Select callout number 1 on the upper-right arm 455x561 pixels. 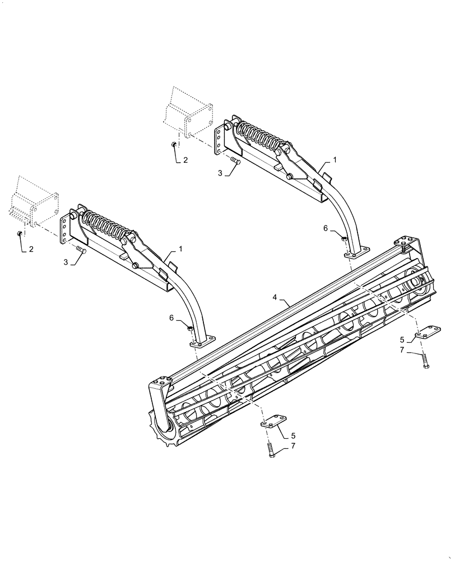(x=335, y=160)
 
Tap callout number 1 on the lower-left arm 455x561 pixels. (x=180, y=247)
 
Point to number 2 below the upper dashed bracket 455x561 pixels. (x=185, y=160)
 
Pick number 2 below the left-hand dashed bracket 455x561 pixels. (x=31, y=249)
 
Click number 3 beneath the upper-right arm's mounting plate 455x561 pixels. (x=221, y=174)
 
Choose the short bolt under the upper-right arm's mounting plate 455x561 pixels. (x=236, y=162)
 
